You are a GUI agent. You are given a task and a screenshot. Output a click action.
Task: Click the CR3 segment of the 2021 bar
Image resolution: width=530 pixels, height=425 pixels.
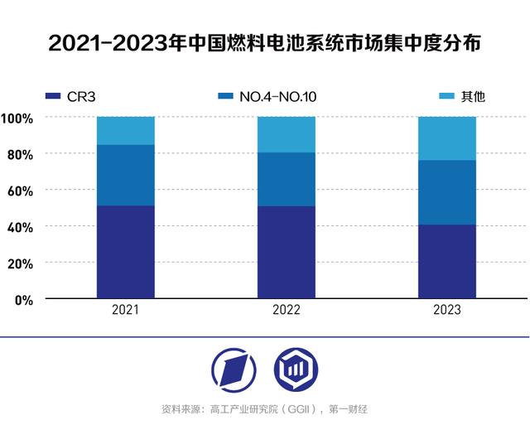[126, 252]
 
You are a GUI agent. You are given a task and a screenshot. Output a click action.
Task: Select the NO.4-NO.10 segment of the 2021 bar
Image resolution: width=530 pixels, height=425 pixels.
[126, 175]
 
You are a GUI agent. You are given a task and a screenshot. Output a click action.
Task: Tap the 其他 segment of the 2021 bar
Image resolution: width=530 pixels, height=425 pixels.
[126, 130]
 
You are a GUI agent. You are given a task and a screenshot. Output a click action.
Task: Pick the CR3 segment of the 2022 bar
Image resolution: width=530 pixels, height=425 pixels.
[286, 252]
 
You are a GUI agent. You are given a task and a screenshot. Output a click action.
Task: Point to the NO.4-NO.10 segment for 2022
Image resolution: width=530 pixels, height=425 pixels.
[286, 179]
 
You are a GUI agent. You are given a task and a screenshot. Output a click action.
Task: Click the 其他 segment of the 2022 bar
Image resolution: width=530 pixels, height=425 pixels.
[286, 134]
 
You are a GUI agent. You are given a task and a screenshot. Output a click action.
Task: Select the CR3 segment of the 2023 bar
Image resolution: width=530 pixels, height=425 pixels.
[446, 261]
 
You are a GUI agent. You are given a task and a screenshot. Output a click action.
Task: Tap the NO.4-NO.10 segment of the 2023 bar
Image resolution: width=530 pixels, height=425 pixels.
[446, 192]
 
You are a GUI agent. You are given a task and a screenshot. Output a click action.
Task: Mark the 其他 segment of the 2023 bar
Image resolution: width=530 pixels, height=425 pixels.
[446, 138]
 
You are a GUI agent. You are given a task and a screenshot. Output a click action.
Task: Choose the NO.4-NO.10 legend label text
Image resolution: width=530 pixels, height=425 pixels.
[278, 97]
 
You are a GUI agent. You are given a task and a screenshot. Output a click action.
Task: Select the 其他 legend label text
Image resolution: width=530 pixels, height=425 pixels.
[472, 97]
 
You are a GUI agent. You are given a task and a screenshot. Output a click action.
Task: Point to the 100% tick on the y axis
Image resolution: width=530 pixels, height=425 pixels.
[17, 118]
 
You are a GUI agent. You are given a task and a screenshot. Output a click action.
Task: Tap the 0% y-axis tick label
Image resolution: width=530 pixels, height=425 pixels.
[22, 299]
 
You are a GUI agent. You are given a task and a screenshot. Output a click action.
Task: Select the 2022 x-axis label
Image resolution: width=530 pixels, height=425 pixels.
[286, 311]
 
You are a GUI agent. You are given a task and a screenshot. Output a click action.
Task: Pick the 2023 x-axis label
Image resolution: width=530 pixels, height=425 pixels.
[446, 311]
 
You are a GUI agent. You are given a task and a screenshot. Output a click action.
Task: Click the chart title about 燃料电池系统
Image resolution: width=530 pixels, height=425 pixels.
[264, 42]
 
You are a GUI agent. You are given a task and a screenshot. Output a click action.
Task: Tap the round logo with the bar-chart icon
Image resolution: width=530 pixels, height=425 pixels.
[296, 370]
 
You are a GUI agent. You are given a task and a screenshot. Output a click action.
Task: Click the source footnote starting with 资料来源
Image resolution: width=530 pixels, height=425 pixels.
[264, 409]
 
